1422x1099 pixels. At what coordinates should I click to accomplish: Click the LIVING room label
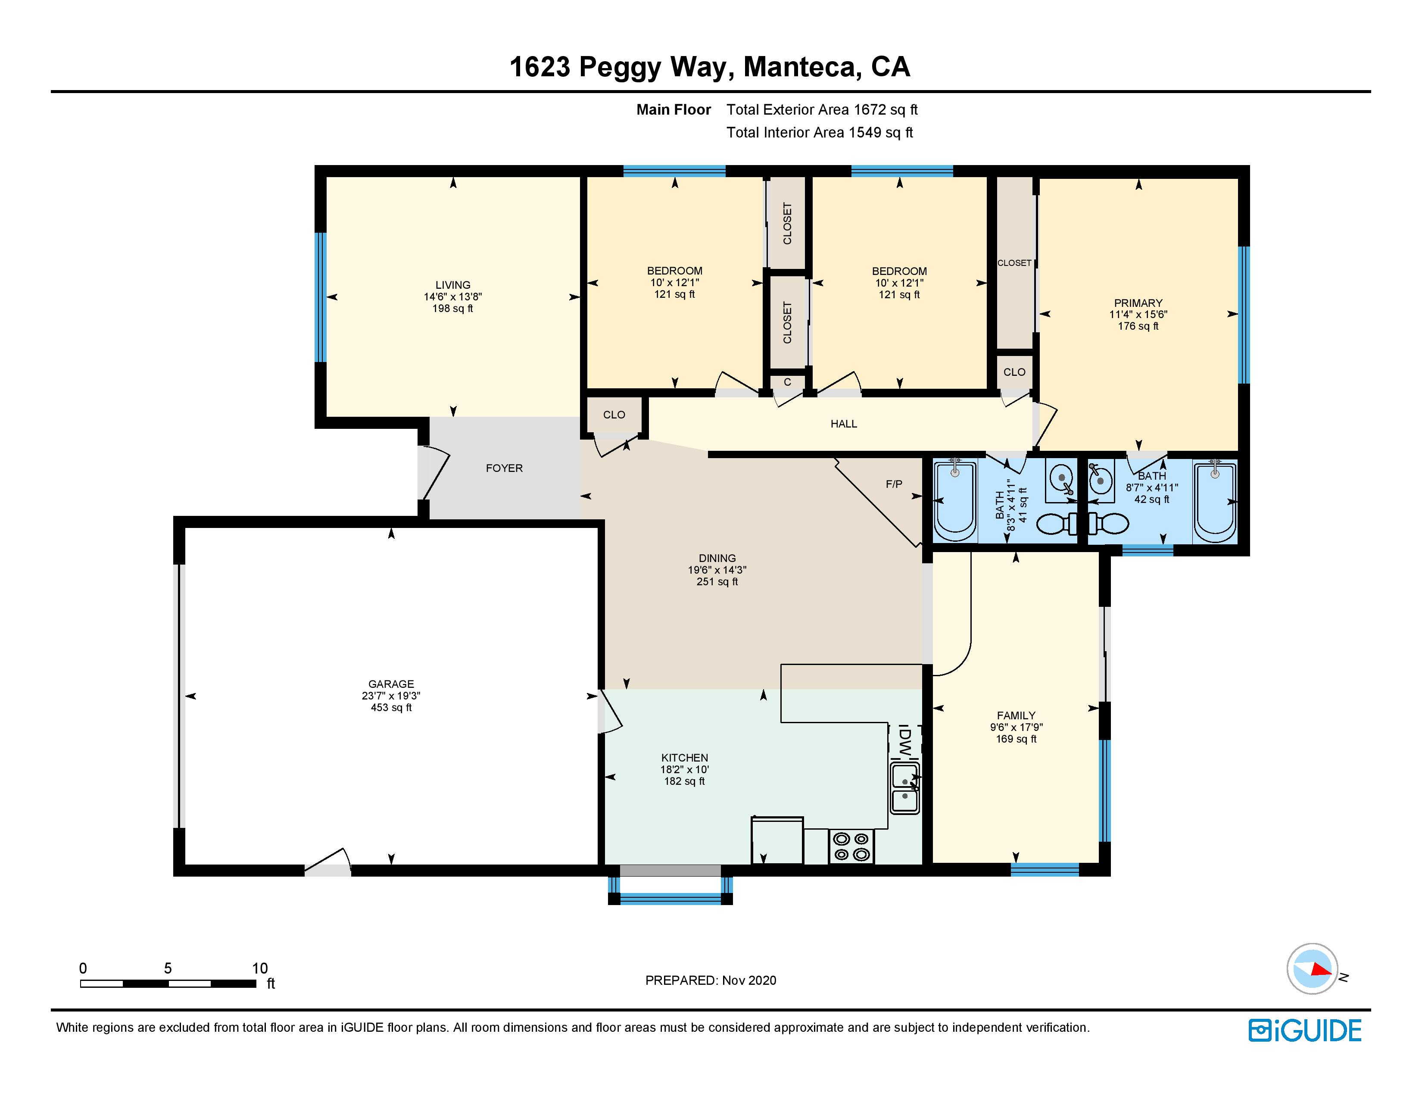(452, 285)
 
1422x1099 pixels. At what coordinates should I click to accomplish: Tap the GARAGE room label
(391, 684)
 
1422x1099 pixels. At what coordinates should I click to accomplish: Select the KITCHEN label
(684, 758)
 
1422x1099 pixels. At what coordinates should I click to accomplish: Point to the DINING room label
(717, 559)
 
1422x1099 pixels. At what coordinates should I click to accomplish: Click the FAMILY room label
(1016, 715)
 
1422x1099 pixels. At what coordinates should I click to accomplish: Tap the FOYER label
(504, 468)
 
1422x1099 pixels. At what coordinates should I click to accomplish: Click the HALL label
(843, 424)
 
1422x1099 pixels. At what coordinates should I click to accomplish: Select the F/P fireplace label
(894, 484)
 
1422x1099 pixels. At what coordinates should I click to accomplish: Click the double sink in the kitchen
(905, 789)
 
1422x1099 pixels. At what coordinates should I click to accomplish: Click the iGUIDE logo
(1305, 1030)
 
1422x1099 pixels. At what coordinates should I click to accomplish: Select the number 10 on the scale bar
(260, 968)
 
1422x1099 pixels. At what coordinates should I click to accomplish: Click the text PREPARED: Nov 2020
(710, 980)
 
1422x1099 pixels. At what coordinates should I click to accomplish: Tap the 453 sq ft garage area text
(391, 708)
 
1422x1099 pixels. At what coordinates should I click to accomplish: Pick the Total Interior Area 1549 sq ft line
(819, 133)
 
